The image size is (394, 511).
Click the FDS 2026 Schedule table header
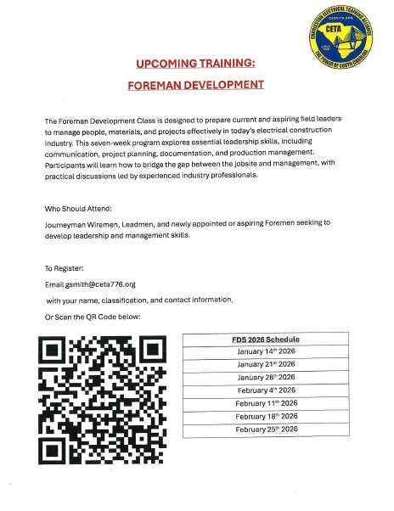click(266, 340)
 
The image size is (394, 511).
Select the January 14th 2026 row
click(266, 351)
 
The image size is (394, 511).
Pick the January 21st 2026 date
click(266, 364)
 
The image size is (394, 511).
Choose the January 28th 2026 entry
click(266, 377)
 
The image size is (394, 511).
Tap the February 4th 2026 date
click(266, 390)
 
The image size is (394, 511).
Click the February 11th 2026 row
click(266, 402)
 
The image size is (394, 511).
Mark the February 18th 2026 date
click(266, 416)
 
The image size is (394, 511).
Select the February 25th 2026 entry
click(266, 429)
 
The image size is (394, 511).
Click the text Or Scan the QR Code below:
click(93, 317)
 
